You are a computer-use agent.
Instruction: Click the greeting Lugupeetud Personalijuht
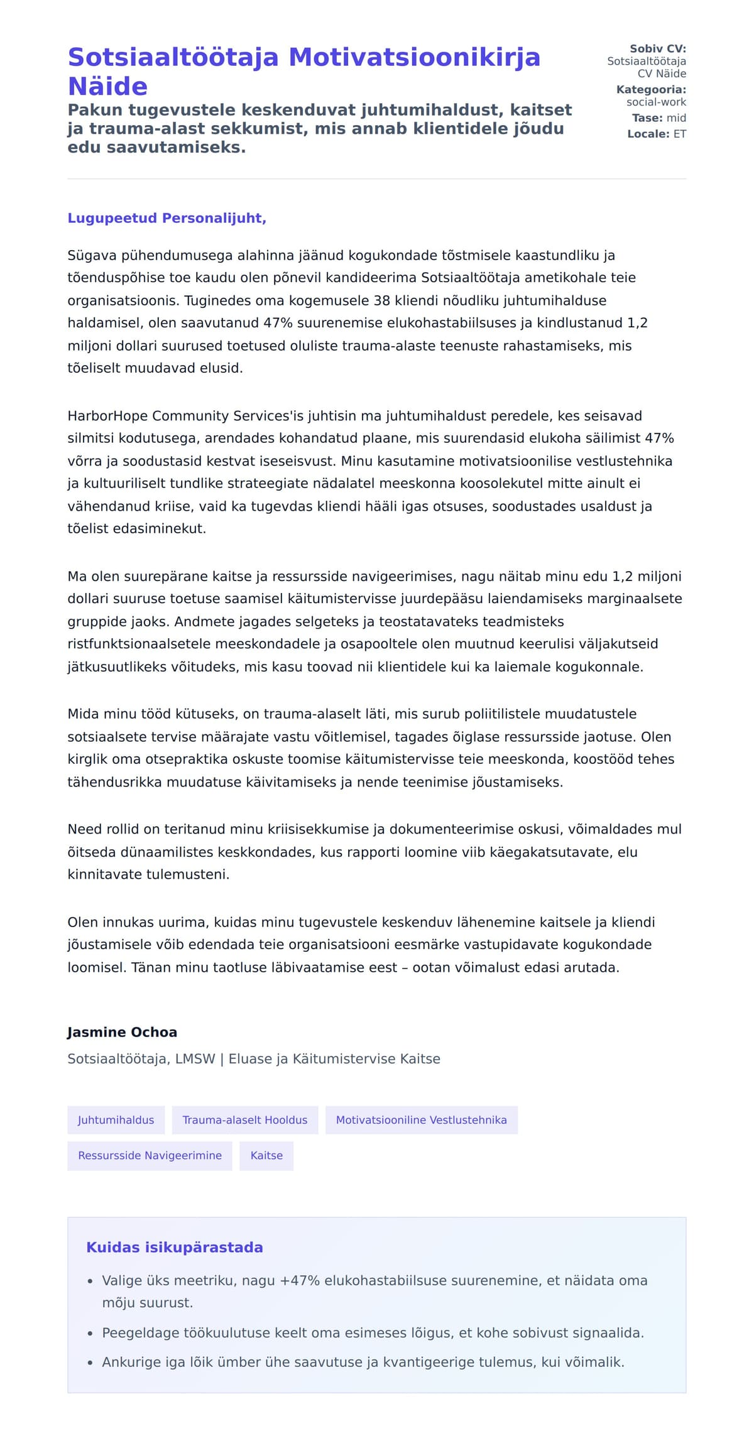coord(167,218)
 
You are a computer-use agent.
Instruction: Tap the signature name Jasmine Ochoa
coord(122,1032)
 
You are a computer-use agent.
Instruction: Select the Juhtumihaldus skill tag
coord(116,1120)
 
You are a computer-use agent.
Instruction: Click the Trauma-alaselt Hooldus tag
coord(244,1120)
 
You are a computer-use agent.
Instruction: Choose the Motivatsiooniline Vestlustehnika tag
coord(421,1120)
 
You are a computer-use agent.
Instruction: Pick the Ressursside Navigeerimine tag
coord(150,1155)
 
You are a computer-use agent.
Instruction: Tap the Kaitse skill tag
coord(266,1155)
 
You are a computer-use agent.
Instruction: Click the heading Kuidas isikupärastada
coord(174,1247)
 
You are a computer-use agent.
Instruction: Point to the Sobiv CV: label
coord(657,48)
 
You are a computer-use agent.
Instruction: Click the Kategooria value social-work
coord(656,102)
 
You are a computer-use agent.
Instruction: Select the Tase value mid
coord(676,118)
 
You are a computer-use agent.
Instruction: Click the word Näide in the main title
coord(107,87)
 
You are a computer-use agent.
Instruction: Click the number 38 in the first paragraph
coord(382,300)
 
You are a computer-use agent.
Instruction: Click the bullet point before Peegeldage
coord(90,1333)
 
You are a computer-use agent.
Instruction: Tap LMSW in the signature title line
coord(195,1059)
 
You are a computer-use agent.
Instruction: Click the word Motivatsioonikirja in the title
coord(414,57)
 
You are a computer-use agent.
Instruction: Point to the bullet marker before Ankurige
coord(90,1363)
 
